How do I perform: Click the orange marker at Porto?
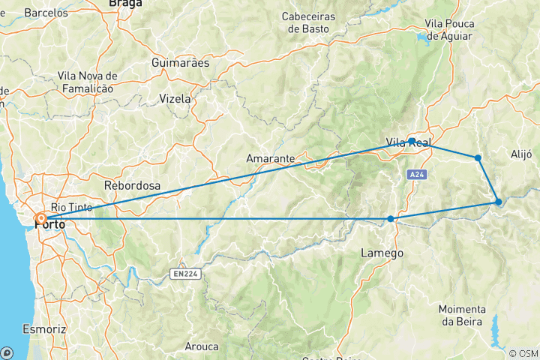pyautogui.click(x=41, y=219)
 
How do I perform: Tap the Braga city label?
pyautogui.click(x=124, y=4)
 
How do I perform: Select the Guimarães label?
pyautogui.click(x=180, y=62)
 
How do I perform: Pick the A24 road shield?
pyautogui.click(x=418, y=174)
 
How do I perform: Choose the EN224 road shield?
pyautogui.click(x=184, y=274)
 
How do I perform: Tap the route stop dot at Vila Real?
pyautogui.click(x=412, y=140)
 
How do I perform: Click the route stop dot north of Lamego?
pyautogui.click(x=391, y=219)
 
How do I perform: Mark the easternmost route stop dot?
pyautogui.click(x=499, y=202)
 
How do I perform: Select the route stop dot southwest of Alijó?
pyautogui.click(x=478, y=157)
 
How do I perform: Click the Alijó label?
pyautogui.click(x=520, y=154)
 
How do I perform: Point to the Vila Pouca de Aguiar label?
pyautogui.click(x=448, y=29)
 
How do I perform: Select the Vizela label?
pyautogui.click(x=175, y=98)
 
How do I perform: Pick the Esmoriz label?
pyautogui.click(x=44, y=328)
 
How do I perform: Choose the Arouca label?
pyautogui.click(x=202, y=346)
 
